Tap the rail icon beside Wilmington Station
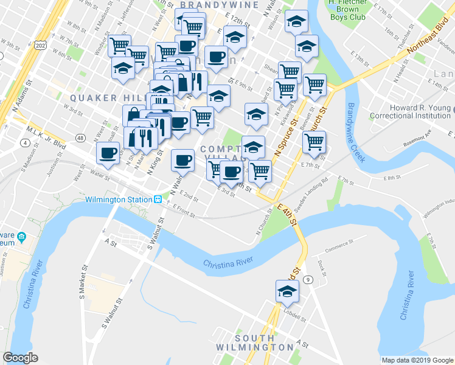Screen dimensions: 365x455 click(x=157, y=199)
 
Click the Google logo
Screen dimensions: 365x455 click(x=21, y=358)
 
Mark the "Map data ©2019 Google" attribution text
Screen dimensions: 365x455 click(x=416, y=360)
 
